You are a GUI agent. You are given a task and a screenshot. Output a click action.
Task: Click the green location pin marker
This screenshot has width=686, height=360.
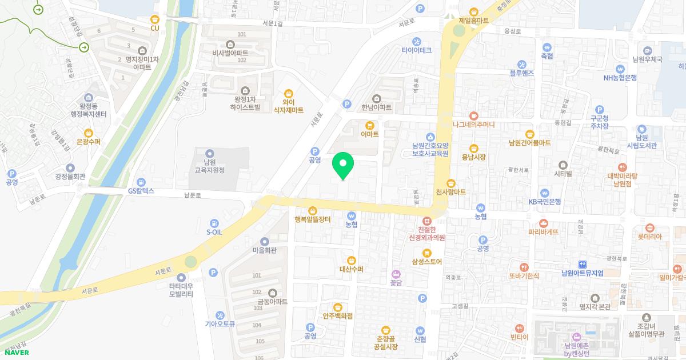[343, 165]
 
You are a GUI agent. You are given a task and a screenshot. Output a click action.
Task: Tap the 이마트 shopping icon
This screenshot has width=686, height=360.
[370, 125]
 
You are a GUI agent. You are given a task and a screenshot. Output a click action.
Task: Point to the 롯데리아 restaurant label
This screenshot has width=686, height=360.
[649, 236]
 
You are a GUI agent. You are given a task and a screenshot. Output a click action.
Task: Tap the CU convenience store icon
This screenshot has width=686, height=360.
[154, 19]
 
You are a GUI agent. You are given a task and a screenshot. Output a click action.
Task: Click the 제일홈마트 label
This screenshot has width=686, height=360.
[473, 20]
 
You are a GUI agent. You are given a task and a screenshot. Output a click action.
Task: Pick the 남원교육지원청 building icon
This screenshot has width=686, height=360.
[209, 153]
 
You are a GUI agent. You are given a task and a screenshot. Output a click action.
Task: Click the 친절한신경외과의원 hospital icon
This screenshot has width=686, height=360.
[426, 221]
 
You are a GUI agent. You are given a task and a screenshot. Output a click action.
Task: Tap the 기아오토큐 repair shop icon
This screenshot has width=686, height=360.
[220, 315]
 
